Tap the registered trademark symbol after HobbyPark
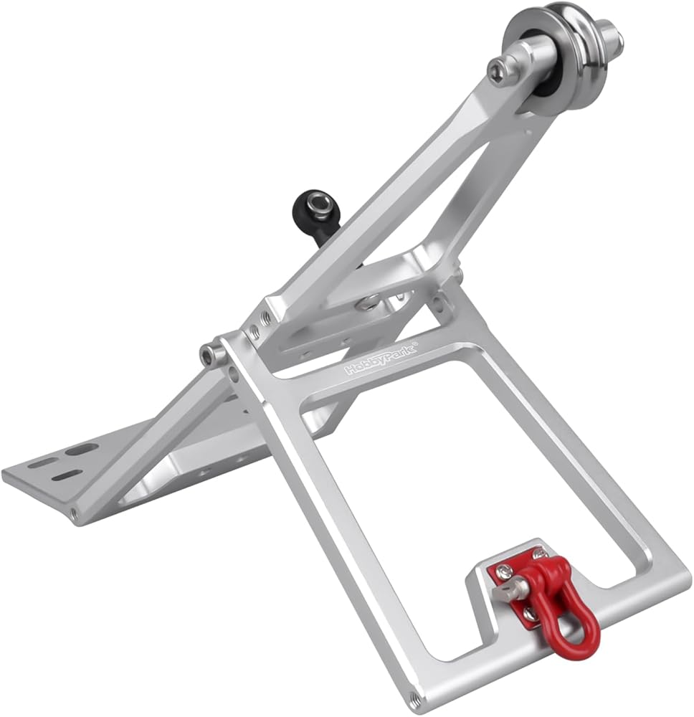pyautogui.click(x=416, y=343)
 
